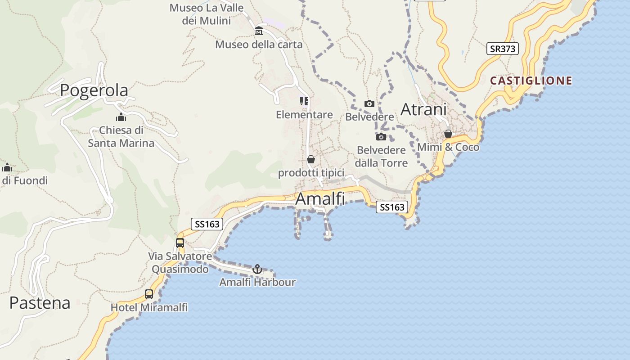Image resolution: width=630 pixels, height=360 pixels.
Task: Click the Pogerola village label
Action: coord(94,90)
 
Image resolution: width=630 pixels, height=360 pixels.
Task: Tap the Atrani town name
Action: coord(423,109)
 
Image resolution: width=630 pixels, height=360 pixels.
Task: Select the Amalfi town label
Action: coord(320,198)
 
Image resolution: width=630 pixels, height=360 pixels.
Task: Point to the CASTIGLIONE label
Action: coord(531,81)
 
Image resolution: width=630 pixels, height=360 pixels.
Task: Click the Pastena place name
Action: coord(40,303)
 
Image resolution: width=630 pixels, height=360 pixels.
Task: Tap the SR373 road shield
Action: coord(502,49)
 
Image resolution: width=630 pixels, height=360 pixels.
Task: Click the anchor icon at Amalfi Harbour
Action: coord(257,269)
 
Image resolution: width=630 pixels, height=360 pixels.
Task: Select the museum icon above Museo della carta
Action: coord(259,31)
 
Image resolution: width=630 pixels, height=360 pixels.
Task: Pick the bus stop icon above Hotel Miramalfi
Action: coord(149,294)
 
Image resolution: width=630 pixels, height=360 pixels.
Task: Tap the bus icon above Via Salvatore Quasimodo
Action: coord(180,243)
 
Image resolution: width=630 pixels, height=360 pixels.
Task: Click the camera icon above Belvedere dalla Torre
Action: coord(381,137)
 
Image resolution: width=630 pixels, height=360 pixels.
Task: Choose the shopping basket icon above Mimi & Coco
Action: coord(448,134)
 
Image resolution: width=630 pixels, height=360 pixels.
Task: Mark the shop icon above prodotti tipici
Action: coord(310,159)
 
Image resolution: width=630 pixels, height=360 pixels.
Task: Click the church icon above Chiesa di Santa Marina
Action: coord(121,117)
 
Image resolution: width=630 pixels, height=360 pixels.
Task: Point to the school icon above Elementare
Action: coord(304,101)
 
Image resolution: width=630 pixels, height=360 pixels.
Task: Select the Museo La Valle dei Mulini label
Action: coord(207,14)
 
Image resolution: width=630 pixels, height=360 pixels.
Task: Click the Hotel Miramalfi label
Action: coord(149,308)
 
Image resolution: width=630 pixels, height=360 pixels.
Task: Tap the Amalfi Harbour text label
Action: coord(257,282)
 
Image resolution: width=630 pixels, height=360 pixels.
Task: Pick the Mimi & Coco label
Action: coord(448,147)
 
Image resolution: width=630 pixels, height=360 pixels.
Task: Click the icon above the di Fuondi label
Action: coord(7,168)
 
